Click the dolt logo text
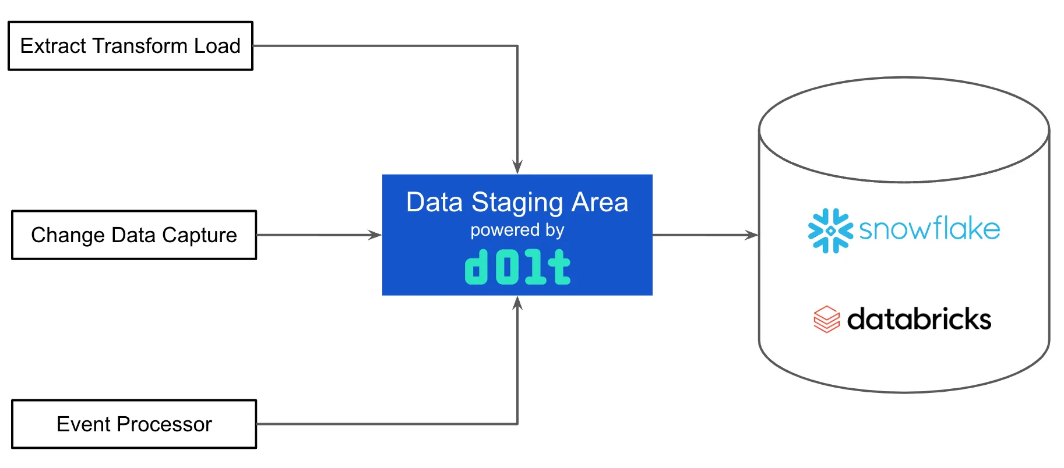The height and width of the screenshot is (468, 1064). (x=517, y=268)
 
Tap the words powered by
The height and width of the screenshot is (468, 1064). (x=517, y=231)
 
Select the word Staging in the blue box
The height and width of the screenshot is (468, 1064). (x=517, y=203)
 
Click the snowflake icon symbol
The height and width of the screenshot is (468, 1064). (x=830, y=231)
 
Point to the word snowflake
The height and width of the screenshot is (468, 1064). (x=929, y=229)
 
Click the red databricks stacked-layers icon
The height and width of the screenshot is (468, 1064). (x=826, y=319)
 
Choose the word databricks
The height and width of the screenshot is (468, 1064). (x=919, y=319)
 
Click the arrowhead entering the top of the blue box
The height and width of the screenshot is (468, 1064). (x=517, y=167)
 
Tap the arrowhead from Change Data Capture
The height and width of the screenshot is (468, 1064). (x=375, y=235)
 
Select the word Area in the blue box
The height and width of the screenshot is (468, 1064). (x=600, y=203)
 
